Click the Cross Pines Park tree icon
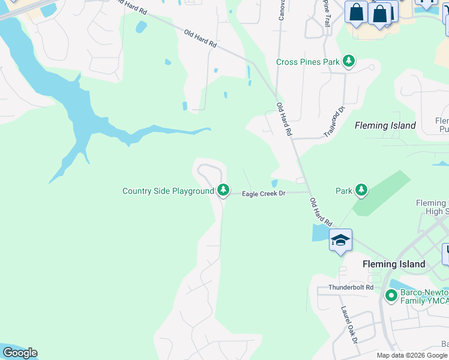[349, 61]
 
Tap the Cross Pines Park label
[308, 62]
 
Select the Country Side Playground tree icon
[223, 190]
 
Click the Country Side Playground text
[168, 191]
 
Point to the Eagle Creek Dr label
[263, 194]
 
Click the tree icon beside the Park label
[361, 190]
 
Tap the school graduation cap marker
[340, 241]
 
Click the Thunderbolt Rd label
[351, 287]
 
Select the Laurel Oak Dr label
[349, 325]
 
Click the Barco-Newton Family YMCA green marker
[391, 295]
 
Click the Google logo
[20, 353]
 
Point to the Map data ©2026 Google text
[412, 355]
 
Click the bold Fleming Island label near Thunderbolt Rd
[394, 264]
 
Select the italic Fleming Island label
[385, 125]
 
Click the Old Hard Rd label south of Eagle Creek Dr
[321, 212]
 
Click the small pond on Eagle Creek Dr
[274, 183]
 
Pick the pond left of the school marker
[319, 233]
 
